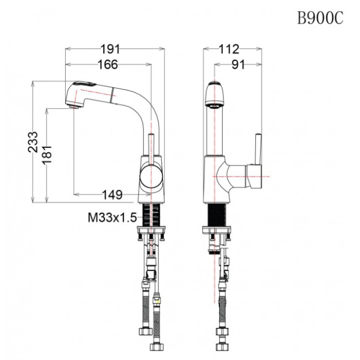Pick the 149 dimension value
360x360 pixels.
click(x=112, y=195)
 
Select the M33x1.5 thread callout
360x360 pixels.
click(x=111, y=218)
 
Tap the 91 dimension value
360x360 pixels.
click(x=238, y=64)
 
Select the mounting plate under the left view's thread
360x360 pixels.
click(x=152, y=229)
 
